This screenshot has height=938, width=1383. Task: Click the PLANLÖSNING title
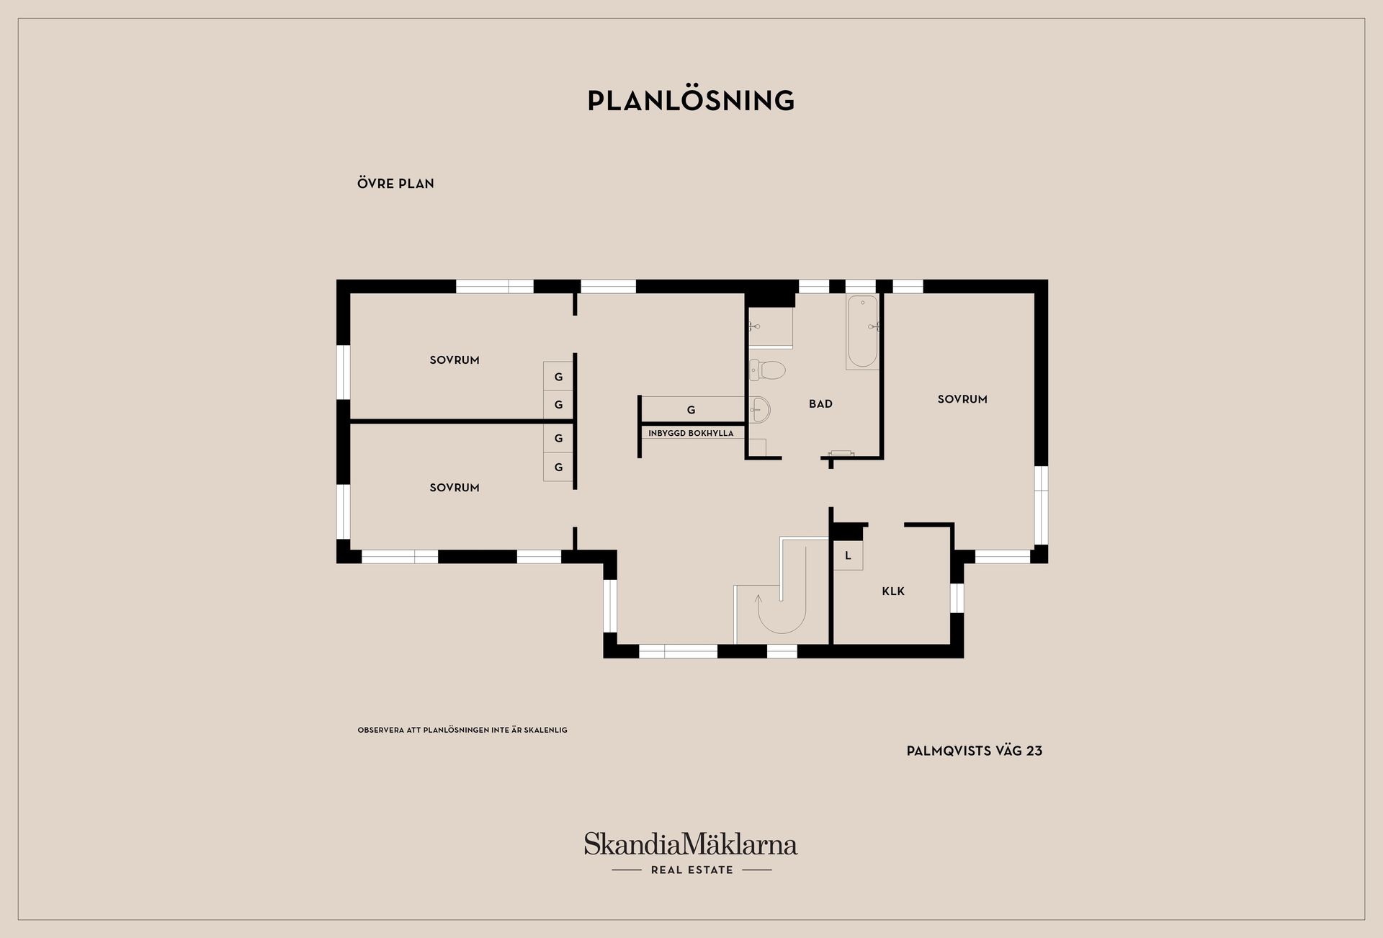pyautogui.click(x=691, y=101)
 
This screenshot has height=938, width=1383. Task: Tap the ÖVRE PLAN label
pyautogui.click(x=395, y=184)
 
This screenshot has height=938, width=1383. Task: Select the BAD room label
pyautogui.click(x=820, y=404)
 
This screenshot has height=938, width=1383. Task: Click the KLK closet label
pyautogui.click(x=893, y=591)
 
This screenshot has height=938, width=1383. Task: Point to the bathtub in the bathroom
pyautogui.click(x=862, y=332)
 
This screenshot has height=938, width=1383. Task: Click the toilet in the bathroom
pyautogui.click(x=768, y=370)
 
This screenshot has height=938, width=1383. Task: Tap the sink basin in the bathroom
pyautogui.click(x=760, y=410)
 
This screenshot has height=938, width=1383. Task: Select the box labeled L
pyautogui.click(x=848, y=556)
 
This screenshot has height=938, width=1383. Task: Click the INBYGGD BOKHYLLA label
pyautogui.click(x=691, y=434)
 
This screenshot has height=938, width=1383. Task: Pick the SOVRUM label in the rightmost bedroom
pyautogui.click(x=962, y=399)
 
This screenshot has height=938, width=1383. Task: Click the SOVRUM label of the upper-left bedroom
pyautogui.click(x=455, y=360)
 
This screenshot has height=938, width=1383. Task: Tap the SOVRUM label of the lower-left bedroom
pyautogui.click(x=455, y=488)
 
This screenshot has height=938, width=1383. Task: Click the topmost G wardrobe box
pyautogui.click(x=558, y=377)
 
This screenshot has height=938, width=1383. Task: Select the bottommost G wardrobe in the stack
pyautogui.click(x=558, y=468)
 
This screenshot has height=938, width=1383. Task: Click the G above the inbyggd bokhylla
pyautogui.click(x=691, y=410)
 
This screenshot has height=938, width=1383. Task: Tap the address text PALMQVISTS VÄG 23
pyautogui.click(x=974, y=751)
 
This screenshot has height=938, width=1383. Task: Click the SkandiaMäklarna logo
pyautogui.click(x=690, y=844)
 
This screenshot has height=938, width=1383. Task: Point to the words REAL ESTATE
pyautogui.click(x=691, y=870)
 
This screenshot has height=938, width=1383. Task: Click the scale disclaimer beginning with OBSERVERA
pyautogui.click(x=462, y=731)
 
